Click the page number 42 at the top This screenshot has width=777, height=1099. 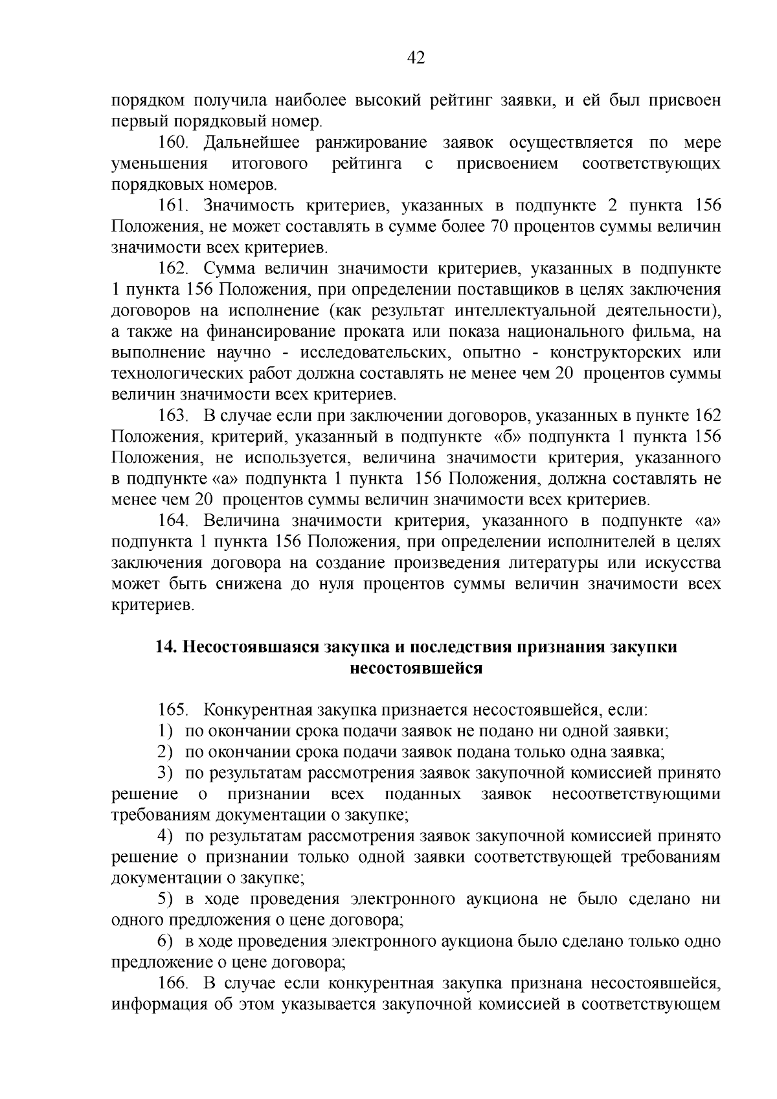click(416, 58)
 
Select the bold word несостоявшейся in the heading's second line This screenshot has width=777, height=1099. click(416, 668)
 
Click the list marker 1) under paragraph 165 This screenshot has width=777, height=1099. click(166, 731)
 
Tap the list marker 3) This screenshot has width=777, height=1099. click(166, 773)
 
